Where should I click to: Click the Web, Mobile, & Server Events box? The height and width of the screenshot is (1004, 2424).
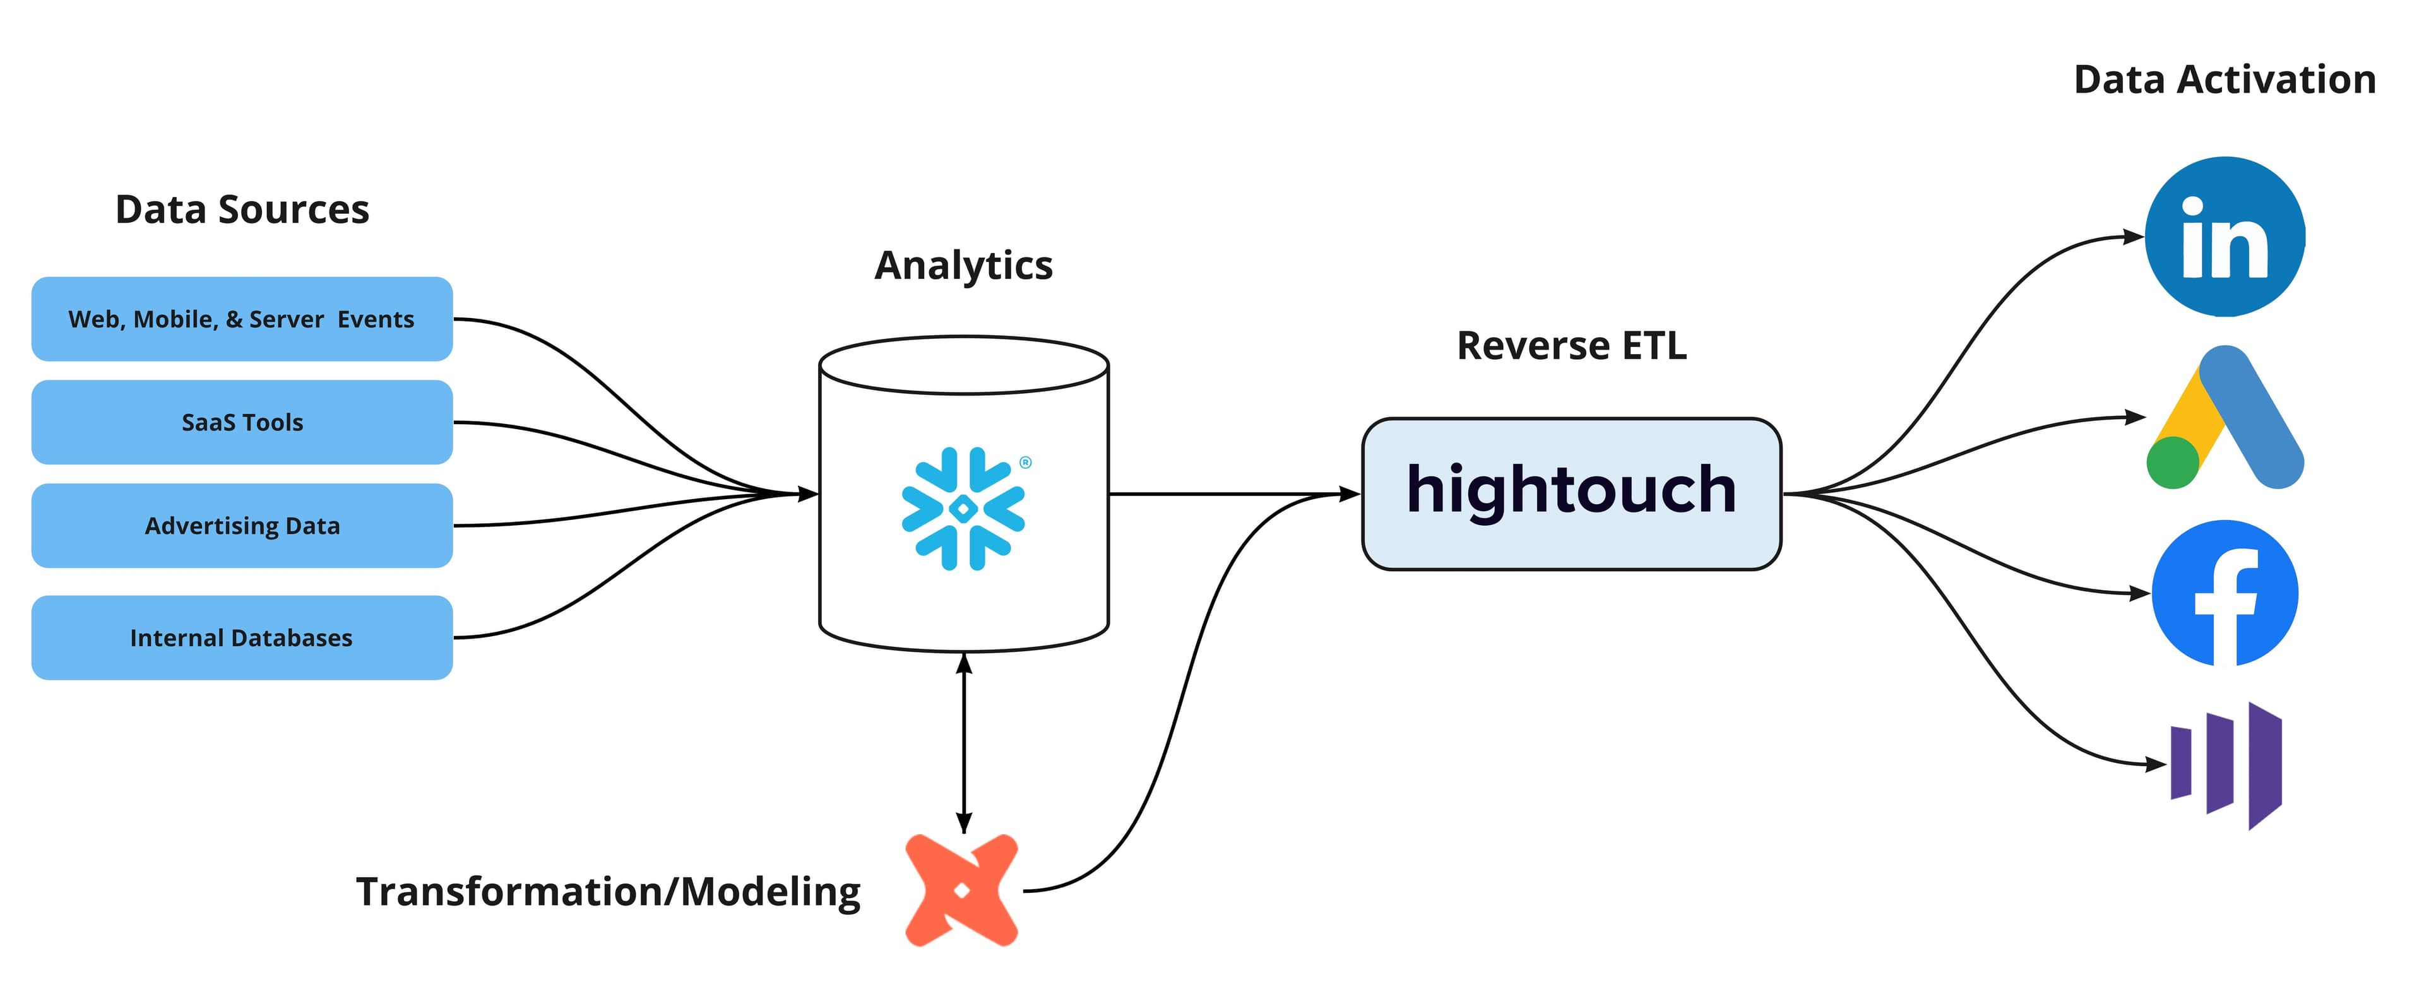[242, 319]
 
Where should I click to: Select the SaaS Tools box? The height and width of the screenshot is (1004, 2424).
[242, 423]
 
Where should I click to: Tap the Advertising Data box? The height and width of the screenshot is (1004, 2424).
[242, 526]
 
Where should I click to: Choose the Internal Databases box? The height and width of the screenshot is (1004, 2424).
[242, 638]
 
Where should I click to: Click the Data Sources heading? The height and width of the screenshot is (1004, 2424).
[242, 209]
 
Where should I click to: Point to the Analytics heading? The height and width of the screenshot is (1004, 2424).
[963, 265]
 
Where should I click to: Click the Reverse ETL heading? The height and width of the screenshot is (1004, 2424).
[1571, 345]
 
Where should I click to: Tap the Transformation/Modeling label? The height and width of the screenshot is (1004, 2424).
[608, 891]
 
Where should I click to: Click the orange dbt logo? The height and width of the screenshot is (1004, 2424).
[961, 890]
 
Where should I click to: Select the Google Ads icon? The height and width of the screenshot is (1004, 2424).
[2225, 418]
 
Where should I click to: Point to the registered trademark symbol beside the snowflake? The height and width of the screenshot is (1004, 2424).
[1026, 462]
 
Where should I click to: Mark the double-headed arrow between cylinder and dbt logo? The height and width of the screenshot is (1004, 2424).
[963, 743]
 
